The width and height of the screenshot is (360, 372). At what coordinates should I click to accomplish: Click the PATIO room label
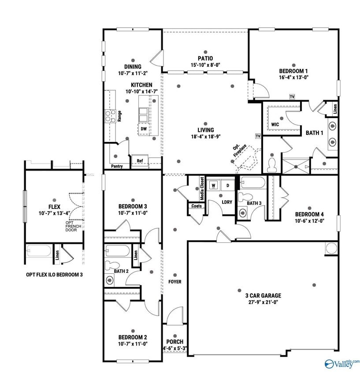click(205, 58)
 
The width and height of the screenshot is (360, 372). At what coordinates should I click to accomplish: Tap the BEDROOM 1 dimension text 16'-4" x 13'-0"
click(293, 77)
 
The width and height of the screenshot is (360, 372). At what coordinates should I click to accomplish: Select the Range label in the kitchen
click(119, 116)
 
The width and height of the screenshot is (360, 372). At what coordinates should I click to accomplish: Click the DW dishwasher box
click(144, 129)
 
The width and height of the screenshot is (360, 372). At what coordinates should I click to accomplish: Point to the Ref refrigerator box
click(140, 161)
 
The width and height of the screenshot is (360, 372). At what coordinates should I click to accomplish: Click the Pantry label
click(117, 166)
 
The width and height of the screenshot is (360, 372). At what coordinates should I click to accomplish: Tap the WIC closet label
click(276, 124)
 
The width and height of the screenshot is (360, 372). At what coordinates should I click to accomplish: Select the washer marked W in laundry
click(213, 186)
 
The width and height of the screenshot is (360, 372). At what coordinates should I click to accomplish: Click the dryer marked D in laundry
click(228, 186)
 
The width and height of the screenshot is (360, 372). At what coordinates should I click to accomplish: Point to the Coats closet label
click(196, 206)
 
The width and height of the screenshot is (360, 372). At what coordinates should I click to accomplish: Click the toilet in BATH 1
click(271, 165)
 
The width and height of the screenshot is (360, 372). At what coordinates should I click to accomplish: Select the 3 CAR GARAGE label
click(263, 295)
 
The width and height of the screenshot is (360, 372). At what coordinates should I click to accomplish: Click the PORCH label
click(174, 342)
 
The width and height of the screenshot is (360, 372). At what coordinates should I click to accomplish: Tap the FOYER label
click(174, 282)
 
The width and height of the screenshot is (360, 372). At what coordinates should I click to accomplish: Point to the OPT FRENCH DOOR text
click(71, 226)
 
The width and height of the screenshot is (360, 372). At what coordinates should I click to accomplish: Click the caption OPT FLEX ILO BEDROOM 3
click(54, 275)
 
